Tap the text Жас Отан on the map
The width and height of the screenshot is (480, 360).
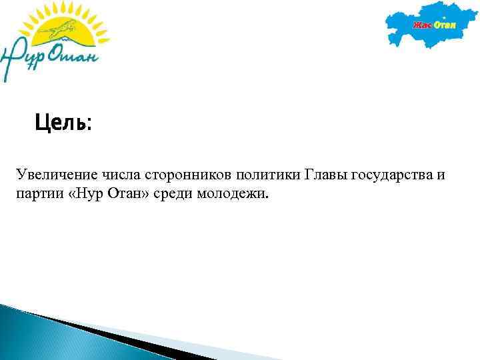(x=434, y=25)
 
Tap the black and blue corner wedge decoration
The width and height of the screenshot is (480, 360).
(x=53, y=327)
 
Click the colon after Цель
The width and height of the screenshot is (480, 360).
(x=89, y=124)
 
